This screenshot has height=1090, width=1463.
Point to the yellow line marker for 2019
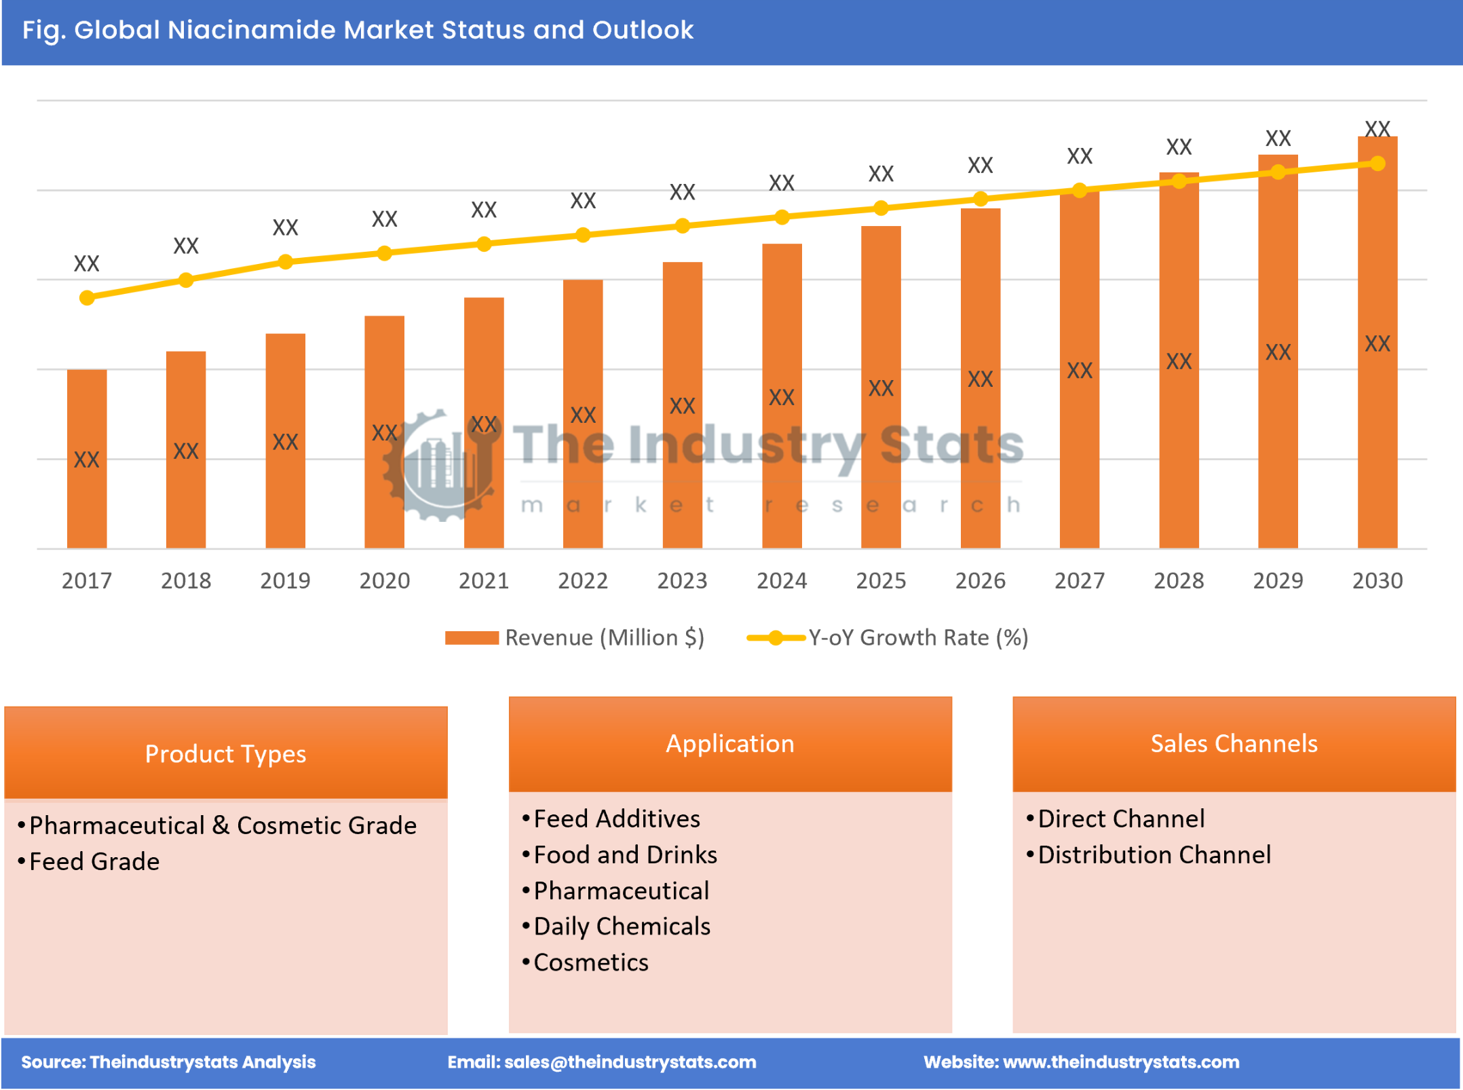pyautogui.click(x=286, y=262)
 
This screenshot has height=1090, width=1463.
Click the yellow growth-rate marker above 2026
pyautogui.click(x=981, y=199)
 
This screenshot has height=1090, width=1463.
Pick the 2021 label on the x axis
pyautogui.click(x=484, y=581)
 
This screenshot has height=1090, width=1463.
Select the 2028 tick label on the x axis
pyautogui.click(x=1179, y=581)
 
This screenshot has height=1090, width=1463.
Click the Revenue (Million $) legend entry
pyautogui.click(x=575, y=638)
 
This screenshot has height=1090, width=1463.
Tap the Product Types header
pyautogui.click(x=225, y=754)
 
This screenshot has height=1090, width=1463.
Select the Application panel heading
pyautogui.click(x=730, y=744)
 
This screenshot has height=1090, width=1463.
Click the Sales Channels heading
pyautogui.click(x=1234, y=744)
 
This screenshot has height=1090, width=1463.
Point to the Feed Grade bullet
pyautogui.click(x=94, y=862)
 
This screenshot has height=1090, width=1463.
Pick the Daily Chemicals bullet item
pyautogui.click(x=622, y=926)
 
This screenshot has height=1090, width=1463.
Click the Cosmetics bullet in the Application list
pyautogui.click(x=590, y=962)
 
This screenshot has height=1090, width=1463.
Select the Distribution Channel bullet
pyautogui.click(x=1154, y=855)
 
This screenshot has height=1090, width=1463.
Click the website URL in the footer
pyautogui.click(x=1121, y=1062)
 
